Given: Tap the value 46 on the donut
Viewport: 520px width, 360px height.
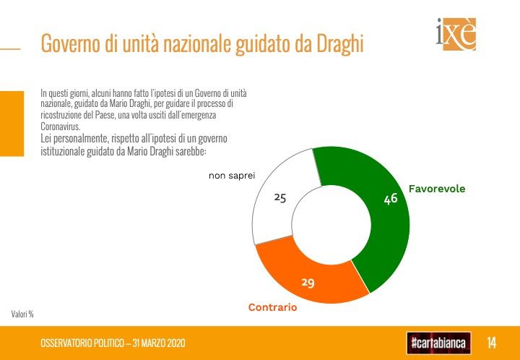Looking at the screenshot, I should tap(391, 198).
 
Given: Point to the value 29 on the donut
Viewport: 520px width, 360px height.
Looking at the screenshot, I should tap(308, 282).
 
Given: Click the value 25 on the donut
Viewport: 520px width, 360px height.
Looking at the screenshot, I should tap(280, 197).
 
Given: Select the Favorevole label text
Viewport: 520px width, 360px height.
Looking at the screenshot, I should tap(437, 189).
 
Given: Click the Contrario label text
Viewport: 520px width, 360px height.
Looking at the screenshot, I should tap(272, 307).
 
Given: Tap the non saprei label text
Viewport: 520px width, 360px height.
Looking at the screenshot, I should tap(232, 175).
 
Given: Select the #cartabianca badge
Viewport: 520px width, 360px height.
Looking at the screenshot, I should tap(439, 342).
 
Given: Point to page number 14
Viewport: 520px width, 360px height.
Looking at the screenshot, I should tap(491, 342).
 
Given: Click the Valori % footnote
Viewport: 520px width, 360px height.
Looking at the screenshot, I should tap(22, 314).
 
